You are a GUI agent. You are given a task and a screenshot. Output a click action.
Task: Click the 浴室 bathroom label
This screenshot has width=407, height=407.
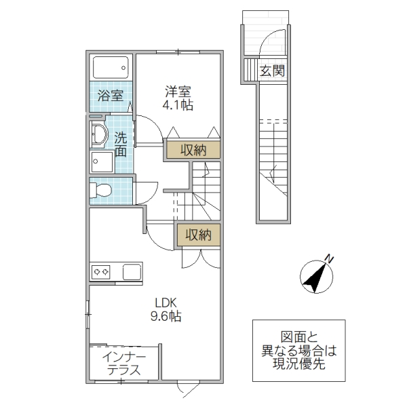[109, 96]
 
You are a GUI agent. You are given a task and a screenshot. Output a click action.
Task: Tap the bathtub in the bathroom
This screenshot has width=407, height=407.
[110, 67]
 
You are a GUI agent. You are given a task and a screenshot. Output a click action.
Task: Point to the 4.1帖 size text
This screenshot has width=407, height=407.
[178, 106]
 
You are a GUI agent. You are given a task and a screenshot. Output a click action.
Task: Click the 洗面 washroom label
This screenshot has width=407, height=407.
[120, 144]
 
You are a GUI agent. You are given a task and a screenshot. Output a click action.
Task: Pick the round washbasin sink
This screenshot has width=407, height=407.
[99, 134]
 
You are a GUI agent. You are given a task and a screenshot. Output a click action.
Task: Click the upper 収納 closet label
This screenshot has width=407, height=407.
[193, 151]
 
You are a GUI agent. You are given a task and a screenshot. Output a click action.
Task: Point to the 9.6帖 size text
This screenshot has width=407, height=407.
[166, 316]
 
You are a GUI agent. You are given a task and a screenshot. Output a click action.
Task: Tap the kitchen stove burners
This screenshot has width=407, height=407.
[102, 272]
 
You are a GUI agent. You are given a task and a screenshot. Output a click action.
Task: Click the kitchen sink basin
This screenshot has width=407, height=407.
[132, 272]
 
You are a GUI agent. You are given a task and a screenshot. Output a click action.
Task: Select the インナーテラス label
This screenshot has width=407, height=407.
[123, 364]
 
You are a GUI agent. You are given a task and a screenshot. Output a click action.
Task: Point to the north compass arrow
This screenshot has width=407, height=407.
[313, 276]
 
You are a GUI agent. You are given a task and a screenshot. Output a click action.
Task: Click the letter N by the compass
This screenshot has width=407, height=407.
[328, 258]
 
